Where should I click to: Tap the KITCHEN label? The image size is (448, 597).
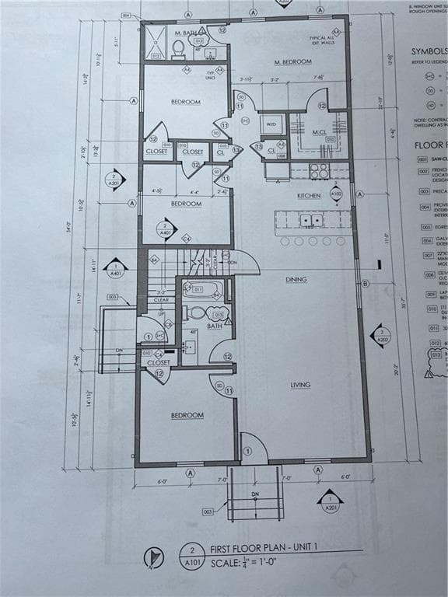tap(308, 196)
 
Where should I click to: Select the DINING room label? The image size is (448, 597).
tap(296, 280)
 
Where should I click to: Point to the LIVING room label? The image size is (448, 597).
tap(301, 385)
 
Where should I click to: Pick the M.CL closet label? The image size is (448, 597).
tap(319, 132)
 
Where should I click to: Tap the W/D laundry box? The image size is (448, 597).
tap(272, 124)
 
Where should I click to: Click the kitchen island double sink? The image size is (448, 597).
tap(311, 221)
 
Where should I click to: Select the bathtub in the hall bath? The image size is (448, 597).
tap(203, 291)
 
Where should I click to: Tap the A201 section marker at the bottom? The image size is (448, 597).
tap(330, 503)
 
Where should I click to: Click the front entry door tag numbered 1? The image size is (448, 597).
tap(247, 451)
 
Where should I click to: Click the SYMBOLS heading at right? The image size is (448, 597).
tap(429, 52)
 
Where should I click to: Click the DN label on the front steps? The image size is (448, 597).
tap(255, 495)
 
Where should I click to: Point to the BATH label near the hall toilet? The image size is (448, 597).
tap(215, 326)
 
